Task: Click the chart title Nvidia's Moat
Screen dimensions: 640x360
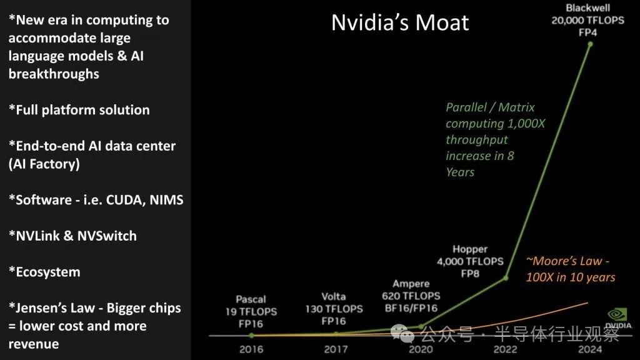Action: tap(400, 22)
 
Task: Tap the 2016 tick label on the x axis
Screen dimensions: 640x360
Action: tap(251, 349)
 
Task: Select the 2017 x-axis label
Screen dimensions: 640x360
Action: tap(336, 349)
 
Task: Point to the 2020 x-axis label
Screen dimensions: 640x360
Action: tap(421, 349)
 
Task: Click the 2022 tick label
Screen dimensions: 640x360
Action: tap(505, 349)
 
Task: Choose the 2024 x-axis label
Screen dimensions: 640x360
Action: tap(590, 349)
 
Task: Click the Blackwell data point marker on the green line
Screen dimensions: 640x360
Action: tap(590, 44)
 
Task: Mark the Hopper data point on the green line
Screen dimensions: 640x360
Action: tap(506, 278)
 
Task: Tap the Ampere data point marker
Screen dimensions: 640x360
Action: tap(421, 326)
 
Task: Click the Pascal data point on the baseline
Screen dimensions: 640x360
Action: tap(251, 336)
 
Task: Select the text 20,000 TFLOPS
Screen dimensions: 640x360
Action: tap(587, 21)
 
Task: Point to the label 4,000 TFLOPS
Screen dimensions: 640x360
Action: tap(470, 261)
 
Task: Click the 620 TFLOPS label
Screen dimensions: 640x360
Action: tap(411, 296)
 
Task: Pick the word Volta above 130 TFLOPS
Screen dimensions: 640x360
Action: tap(334, 297)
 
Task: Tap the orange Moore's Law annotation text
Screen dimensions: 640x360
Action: tap(570, 269)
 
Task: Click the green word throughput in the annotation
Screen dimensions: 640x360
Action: tap(477, 139)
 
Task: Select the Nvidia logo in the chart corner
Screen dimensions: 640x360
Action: tap(618, 318)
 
